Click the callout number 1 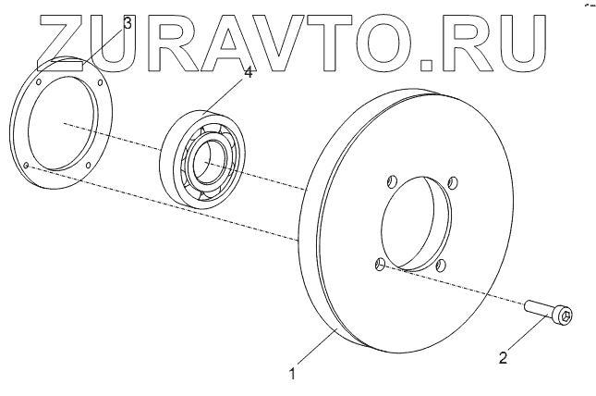pos(292,375)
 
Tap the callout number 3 pos(128,22)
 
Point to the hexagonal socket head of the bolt pos(565,317)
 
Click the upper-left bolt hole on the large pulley pos(390,180)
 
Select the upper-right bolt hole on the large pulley pos(452,180)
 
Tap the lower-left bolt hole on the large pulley pos(380,266)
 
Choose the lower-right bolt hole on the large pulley pos(441,266)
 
